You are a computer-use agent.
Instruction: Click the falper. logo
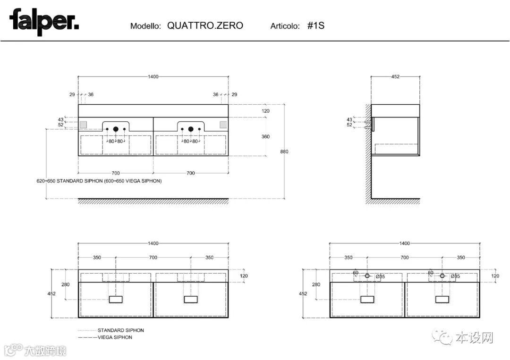(x=44, y=22)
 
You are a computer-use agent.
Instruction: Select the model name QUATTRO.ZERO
(x=205, y=25)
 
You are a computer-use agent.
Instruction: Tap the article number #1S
(x=316, y=25)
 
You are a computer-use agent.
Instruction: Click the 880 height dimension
(x=284, y=151)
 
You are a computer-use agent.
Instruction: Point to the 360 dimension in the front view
(x=265, y=136)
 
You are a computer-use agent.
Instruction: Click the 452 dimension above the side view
(x=395, y=77)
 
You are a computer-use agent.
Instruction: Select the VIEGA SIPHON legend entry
(x=115, y=337)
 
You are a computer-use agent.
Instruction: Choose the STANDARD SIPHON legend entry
(x=120, y=330)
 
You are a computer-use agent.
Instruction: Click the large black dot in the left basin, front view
(x=115, y=128)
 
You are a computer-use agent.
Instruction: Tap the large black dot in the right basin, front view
(x=191, y=128)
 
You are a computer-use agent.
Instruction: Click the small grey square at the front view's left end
(x=84, y=124)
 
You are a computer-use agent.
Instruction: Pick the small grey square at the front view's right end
(x=223, y=124)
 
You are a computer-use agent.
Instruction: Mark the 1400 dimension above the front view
(x=153, y=77)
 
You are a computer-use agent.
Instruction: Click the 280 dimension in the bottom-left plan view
(x=65, y=285)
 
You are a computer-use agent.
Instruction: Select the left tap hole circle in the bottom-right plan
(x=367, y=276)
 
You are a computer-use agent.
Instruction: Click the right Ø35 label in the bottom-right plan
(x=455, y=276)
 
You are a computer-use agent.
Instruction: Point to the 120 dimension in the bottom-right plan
(x=495, y=276)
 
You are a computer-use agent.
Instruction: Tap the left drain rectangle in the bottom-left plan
(x=116, y=299)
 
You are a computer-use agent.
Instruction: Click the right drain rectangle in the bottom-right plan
(x=442, y=299)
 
